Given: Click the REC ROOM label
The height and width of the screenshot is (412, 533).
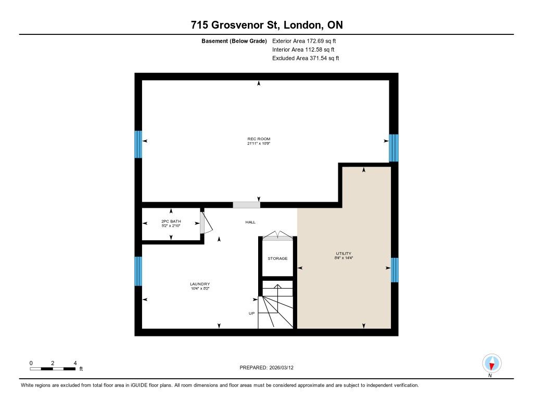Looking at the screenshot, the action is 259,139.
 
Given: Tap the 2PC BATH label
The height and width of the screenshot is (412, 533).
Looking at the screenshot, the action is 171,221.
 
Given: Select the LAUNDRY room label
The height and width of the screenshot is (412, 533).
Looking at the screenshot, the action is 200,284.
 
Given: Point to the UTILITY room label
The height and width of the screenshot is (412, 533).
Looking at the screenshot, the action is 344,254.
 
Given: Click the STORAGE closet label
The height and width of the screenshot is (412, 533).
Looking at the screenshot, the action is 277,258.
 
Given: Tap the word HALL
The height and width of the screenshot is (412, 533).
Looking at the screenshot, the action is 250,222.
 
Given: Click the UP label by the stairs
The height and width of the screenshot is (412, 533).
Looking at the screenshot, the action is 251,314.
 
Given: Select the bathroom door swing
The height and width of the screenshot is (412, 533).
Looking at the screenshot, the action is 206,222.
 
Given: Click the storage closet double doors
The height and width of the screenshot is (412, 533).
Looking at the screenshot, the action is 278,235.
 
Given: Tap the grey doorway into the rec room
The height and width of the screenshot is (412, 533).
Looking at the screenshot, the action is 246,205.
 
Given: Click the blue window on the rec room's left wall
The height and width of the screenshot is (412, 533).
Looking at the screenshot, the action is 138,144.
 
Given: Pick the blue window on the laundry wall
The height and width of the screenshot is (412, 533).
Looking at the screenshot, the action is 138,271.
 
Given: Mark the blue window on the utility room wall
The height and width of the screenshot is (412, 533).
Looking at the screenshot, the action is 395,270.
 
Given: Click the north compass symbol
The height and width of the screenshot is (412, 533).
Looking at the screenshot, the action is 491,364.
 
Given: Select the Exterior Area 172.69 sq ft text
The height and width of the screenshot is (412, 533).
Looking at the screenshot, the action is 304,41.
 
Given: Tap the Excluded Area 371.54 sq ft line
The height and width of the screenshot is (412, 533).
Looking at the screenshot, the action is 306,58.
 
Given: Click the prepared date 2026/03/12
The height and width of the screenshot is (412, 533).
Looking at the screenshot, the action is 282,367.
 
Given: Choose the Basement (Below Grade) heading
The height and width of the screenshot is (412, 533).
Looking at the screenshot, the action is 234,41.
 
